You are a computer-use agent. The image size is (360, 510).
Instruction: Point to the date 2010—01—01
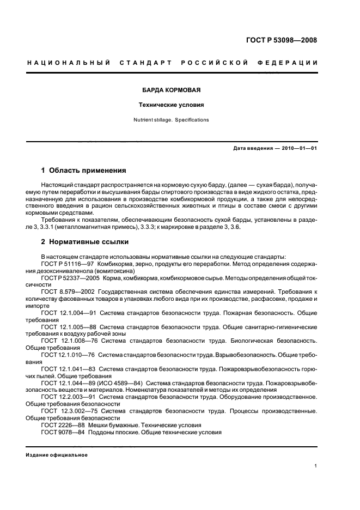(297, 148)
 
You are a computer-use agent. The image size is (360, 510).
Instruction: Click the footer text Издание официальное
(57, 454)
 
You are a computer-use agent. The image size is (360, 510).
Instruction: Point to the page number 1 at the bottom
(315, 466)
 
